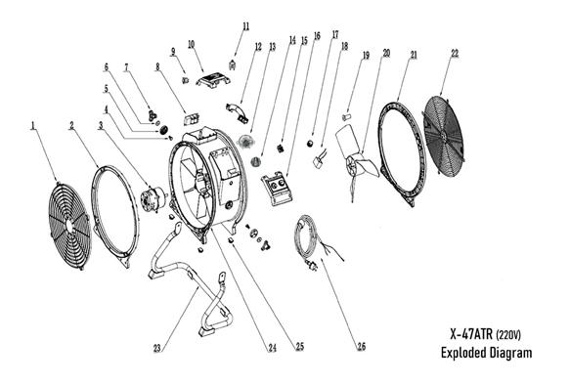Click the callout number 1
tap(33, 126)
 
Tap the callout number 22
tap(455, 53)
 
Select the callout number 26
tap(361, 347)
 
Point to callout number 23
tap(157, 349)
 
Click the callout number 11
tap(246, 26)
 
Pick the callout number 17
tap(335, 34)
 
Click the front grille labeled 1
tap(69, 226)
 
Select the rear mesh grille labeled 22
tap(445, 137)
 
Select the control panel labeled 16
tap(277, 190)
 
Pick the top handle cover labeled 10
tap(214, 79)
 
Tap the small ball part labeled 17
tap(310, 143)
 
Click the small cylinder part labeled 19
tap(347, 117)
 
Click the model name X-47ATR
tap(470, 334)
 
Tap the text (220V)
tap(508, 334)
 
